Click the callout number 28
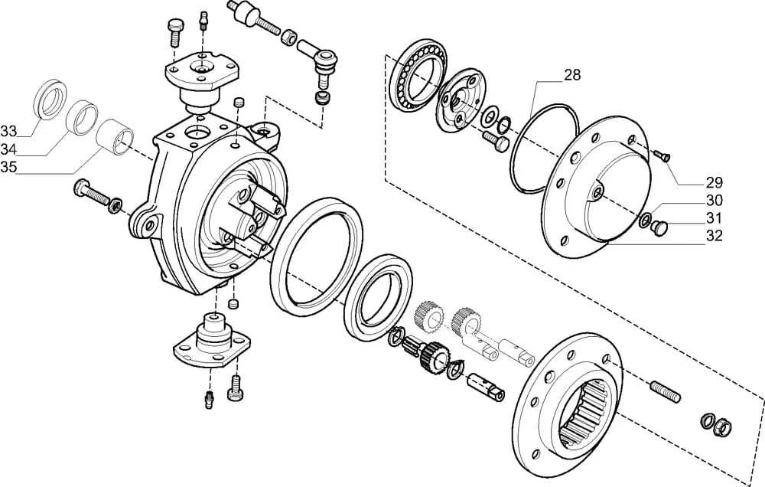572,75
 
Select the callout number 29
715,183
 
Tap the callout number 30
715,201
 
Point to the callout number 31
715,218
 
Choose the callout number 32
715,235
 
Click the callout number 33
8,131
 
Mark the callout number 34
8,149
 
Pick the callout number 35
8,167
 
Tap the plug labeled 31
661,227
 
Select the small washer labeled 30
644,220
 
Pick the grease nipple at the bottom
209,400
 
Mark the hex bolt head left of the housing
80,188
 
